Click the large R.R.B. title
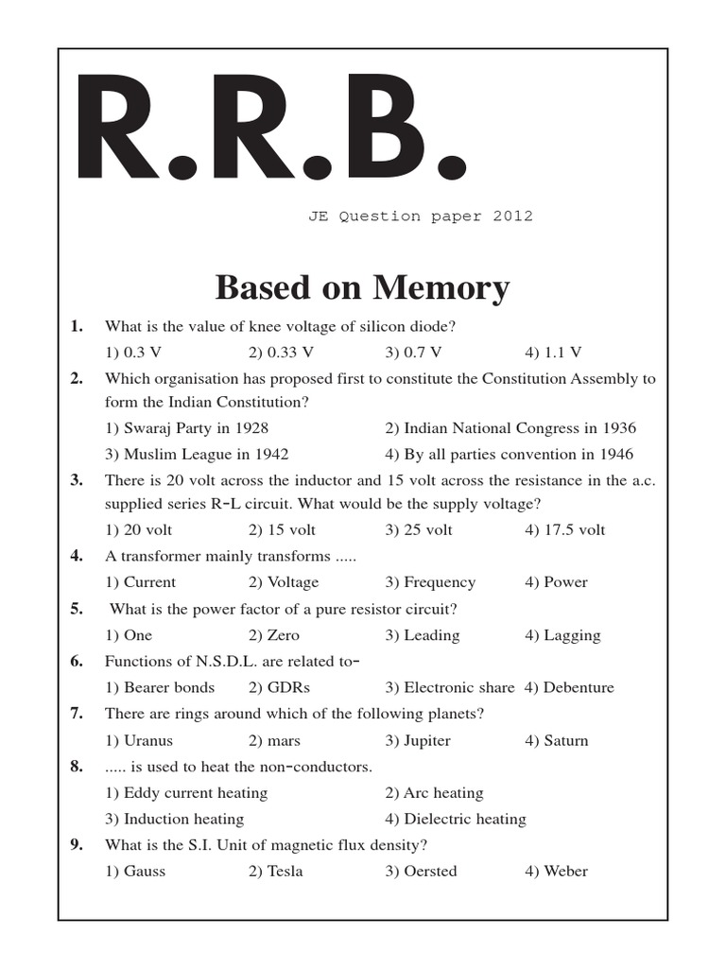pyautogui.click(x=270, y=132)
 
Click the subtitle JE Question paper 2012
pyautogui.click(x=420, y=216)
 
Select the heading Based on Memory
pyautogui.click(x=363, y=287)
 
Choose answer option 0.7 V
pyautogui.click(x=413, y=353)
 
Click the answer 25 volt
pyautogui.click(x=419, y=529)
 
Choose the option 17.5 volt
pyautogui.click(x=564, y=529)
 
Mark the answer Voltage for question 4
pyautogui.click(x=284, y=582)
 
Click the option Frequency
pyautogui.click(x=430, y=582)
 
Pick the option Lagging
pyautogui.click(x=562, y=635)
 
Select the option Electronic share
pyautogui.click(x=449, y=687)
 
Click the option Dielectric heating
pyautogui.click(x=455, y=819)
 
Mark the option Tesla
pyautogui.click(x=276, y=871)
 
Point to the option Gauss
pyautogui.click(x=135, y=871)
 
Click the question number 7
pyautogui.click(x=77, y=714)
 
